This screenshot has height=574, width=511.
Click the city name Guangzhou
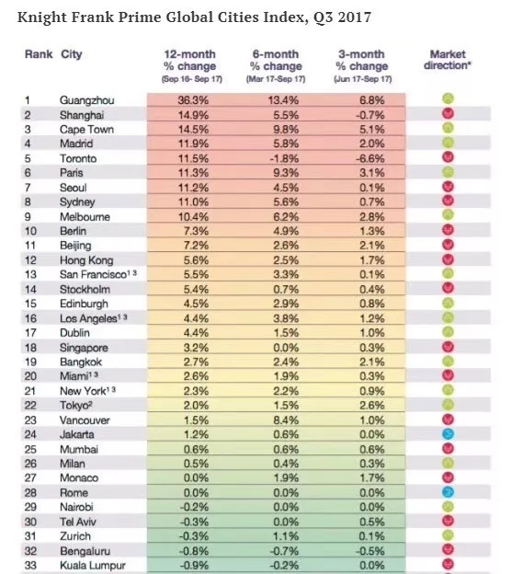click(87, 100)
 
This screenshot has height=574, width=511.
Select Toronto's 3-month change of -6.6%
click(370, 158)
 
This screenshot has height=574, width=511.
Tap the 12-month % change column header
click(190, 60)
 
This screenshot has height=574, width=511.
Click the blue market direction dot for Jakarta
click(449, 434)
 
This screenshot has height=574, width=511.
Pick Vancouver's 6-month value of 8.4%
click(286, 419)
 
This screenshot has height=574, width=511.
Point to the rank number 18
click(30, 348)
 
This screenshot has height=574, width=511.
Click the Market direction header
click(448, 60)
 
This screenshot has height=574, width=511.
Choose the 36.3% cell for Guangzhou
click(193, 100)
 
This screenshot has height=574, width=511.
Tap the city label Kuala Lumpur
click(93, 566)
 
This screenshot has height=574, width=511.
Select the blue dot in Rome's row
click(449, 492)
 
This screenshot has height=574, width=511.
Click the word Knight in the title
click(41, 17)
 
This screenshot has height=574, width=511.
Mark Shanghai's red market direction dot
click(449, 113)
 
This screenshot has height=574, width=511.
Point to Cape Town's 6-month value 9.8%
click(286, 129)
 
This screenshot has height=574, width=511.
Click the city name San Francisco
click(93, 274)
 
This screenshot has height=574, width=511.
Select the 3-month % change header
click(362, 60)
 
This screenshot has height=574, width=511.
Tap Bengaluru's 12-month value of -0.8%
click(194, 551)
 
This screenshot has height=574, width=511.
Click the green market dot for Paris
click(449, 172)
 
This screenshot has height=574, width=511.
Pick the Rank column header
click(39, 54)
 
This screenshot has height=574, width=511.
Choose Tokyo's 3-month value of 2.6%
click(372, 406)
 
